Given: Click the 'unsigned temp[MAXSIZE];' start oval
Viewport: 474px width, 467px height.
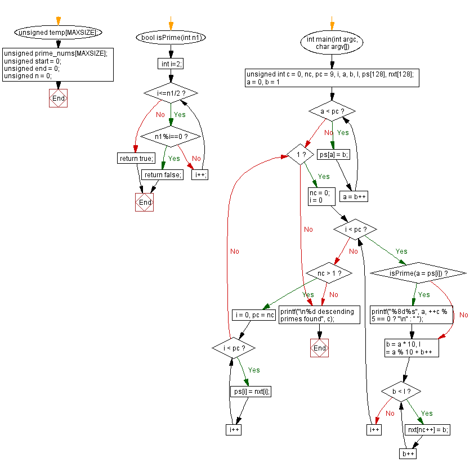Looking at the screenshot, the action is (59, 32).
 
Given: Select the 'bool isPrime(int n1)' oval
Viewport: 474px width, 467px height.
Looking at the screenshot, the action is (171, 38).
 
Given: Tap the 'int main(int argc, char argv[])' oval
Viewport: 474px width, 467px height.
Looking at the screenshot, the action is (332, 43).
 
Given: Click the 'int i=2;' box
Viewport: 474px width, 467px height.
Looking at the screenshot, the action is (171, 64).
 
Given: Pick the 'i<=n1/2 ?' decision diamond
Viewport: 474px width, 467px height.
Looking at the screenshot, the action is (171, 93).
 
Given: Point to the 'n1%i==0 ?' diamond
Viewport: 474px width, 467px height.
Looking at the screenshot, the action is (171, 137).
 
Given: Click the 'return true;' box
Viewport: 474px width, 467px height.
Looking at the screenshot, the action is (136, 158).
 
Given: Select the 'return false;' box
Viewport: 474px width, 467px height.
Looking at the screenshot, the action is (162, 174).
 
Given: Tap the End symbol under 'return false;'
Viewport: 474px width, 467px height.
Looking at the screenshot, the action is (145, 202).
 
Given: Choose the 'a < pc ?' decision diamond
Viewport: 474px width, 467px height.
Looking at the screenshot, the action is (332, 111).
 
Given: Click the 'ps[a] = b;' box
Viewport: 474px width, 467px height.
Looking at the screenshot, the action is (333, 154).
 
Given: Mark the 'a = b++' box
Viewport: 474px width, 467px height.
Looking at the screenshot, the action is (354, 197).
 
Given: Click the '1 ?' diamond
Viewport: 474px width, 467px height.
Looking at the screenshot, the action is (300, 154).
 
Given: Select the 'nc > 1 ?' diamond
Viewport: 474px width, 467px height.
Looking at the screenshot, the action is (329, 273).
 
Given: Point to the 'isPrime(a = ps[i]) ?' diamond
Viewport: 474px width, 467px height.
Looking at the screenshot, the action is (418, 273).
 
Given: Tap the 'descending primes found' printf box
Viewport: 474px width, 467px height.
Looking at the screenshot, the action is (319, 315).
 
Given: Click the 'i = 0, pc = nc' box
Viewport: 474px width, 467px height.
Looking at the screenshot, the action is (254, 315).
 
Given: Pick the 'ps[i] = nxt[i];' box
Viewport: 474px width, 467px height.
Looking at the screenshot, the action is (251, 392).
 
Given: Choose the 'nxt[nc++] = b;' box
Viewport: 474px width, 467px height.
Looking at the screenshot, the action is (427, 429).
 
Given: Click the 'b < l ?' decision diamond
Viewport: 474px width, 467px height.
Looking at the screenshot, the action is (401, 392).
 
